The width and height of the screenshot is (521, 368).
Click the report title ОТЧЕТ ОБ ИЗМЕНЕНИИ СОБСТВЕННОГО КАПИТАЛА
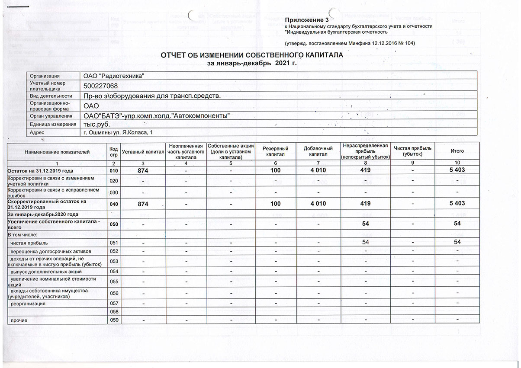click(x=252, y=56)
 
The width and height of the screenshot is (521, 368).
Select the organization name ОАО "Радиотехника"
click(x=114, y=76)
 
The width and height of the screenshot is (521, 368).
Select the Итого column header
click(x=457, y=151)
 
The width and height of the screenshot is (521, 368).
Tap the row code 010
click(x=114, y=170)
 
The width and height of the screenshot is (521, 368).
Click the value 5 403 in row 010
click(x=457, y=170)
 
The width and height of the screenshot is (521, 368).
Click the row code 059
click(x=114, y=320)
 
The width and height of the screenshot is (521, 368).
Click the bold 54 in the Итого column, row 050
click(x=457, y=224)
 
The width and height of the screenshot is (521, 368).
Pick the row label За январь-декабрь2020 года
click(x=43, y=214)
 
